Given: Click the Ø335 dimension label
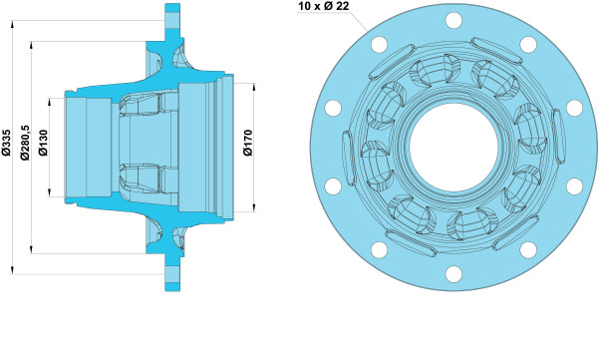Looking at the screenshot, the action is (x=7, y=143).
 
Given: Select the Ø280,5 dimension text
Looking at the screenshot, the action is (x=25, y=143).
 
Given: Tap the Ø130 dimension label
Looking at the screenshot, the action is (x=44, y=143).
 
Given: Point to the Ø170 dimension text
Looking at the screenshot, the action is (x=248, y=143).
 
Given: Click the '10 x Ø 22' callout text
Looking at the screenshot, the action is (x=324, y=6).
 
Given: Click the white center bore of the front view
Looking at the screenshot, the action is (x=453, y=148).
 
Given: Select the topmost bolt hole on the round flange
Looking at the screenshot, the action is (x=453, y=20).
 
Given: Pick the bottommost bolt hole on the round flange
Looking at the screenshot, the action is (x=453, y=274).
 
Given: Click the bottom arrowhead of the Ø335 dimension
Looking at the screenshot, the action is (x=13, y=270).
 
